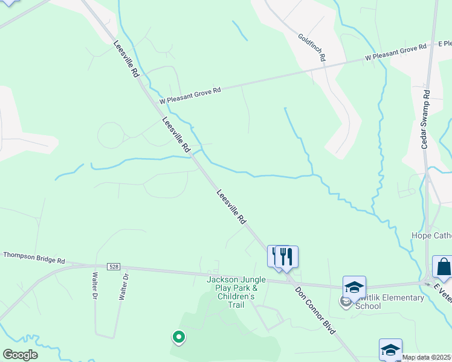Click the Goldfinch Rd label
pos(312,48)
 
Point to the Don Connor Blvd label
pos(314,316)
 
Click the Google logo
pos(20,355)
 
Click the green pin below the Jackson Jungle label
pos(178,337)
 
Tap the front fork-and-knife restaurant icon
pos(286,256)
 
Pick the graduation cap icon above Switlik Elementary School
pos(354,287)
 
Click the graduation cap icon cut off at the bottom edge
pos(390,350)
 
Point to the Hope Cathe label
pos(431,235)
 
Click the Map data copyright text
pos(427,358)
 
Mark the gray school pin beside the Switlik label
pos(345,301)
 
